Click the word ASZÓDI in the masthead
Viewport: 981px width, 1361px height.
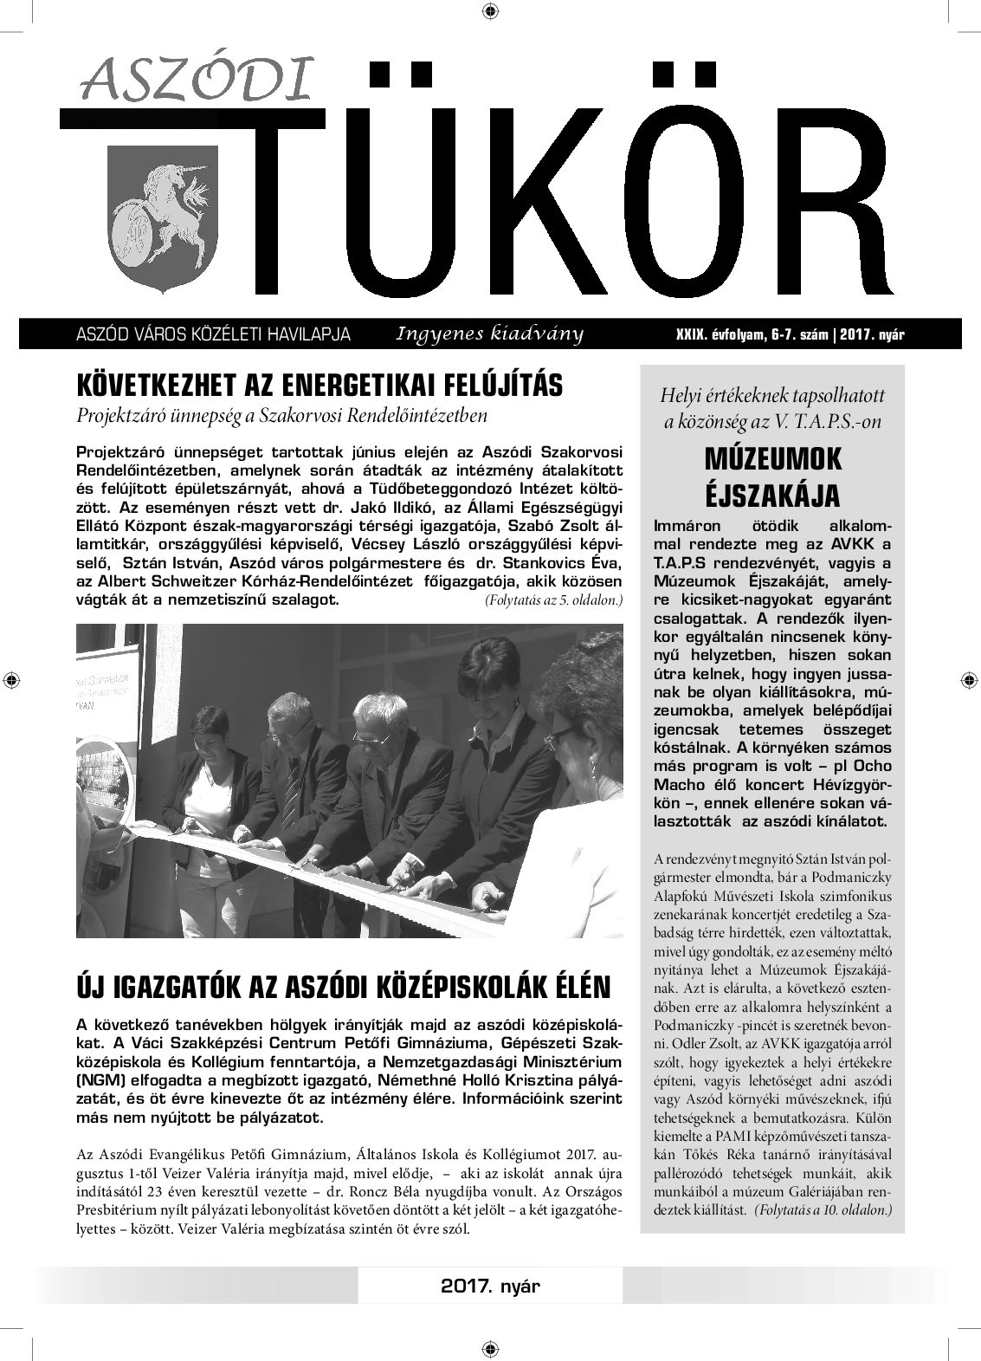[195, 81]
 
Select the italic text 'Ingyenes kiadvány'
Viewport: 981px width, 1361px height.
[489, 334]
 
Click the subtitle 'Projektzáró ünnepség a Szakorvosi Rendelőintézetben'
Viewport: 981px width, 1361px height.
[282, 415]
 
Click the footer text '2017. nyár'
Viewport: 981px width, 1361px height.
[489, 1286]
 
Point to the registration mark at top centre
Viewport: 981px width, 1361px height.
[490, 11]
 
